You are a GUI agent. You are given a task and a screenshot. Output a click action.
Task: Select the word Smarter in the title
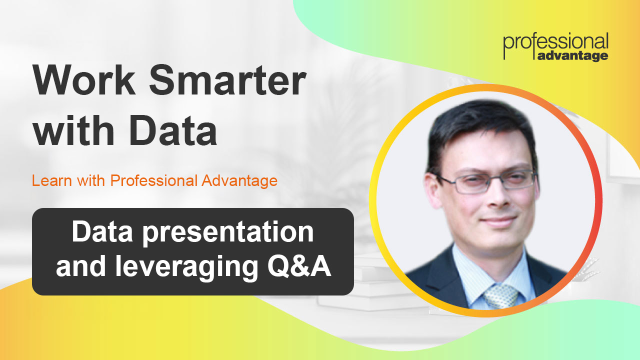click(227, 82)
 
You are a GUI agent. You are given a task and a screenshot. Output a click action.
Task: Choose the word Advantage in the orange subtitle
click(239, 180)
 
